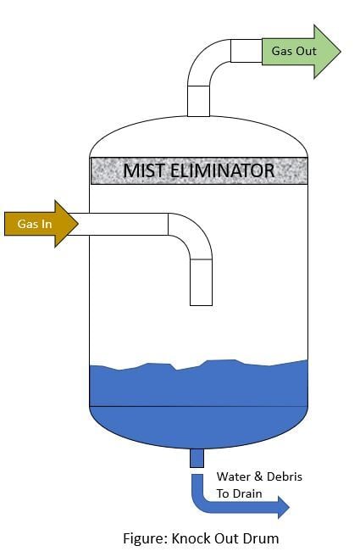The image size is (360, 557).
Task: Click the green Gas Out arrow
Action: [x=301, y=52]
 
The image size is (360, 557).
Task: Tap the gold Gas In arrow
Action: [x=42, y=224]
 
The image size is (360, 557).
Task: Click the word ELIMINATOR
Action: [x=222, y=170]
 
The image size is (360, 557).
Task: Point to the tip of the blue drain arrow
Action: [x=290, y=507]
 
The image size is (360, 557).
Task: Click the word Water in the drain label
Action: [x=233, y=476]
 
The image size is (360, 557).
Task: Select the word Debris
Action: [x=285, y=476]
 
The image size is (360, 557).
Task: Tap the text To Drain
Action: [x=239, y=493]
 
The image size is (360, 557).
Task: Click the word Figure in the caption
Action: [x=145, y=538]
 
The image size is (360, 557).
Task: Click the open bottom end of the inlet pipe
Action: [x=201, y=305]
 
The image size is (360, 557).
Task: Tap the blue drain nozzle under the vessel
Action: [x=197, y=458]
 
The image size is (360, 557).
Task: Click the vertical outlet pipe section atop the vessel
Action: [x=198, y=101]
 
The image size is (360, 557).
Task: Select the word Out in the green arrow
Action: [x=306, y=51]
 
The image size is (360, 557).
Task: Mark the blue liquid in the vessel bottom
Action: [x=198, y=405]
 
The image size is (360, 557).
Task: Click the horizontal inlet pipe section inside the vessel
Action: [x=129, y=224]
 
